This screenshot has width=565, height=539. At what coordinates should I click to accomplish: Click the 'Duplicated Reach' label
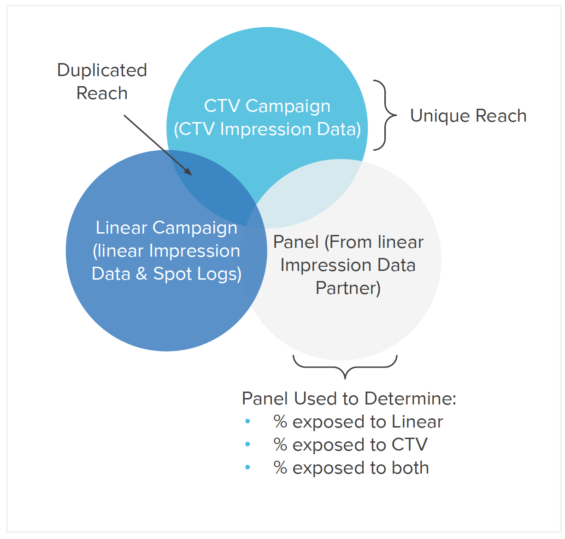pos(102,82)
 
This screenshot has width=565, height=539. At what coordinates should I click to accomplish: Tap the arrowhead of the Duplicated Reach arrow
pos(188,172)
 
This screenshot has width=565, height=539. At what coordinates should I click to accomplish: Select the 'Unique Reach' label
pos(468,116)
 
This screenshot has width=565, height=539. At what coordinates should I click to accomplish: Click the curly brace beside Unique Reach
pos(385,115)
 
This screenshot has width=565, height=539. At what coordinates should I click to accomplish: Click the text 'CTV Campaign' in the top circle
pos(267,105)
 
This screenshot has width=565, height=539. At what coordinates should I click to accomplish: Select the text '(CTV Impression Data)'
pos(267,129)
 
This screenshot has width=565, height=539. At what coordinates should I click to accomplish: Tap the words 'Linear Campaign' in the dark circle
pos(166,228)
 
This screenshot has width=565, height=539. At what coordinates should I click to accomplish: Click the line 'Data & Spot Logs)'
pos(166,274)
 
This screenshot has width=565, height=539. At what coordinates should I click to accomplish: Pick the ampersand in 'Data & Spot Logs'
pos(141,274)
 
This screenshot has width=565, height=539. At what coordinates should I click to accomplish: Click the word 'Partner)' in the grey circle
pos(348,288)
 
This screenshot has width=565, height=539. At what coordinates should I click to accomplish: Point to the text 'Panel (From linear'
pos(348,242)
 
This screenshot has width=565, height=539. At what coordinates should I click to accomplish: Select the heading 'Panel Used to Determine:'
pos(349,398)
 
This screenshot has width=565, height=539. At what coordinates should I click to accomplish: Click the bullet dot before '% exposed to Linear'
pos(248,421)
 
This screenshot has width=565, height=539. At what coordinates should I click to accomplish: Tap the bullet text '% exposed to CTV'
pos(350,445)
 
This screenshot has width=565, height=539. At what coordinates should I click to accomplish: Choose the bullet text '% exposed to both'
pos(351,468)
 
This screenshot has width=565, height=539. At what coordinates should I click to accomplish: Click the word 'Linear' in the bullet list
pos(417,422)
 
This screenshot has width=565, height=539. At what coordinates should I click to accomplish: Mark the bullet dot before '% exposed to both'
pos(248,467)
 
